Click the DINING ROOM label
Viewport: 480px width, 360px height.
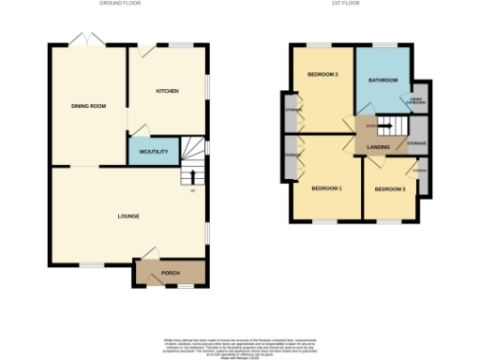pos(88,106)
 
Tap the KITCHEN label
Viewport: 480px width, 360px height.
pos(167,91)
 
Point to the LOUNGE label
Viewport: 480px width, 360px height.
pos(128,217)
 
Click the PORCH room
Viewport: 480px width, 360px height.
pos(171,273)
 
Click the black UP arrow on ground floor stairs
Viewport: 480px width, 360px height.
pos(193,175)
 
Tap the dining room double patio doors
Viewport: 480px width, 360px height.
pos(85,39)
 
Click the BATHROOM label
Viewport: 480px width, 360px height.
pos(382,81)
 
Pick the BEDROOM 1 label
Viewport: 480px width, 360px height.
pos(326,188)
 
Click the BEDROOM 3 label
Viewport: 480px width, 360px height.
pos(389,189)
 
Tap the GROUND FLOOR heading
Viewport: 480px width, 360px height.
pos(119,4)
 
